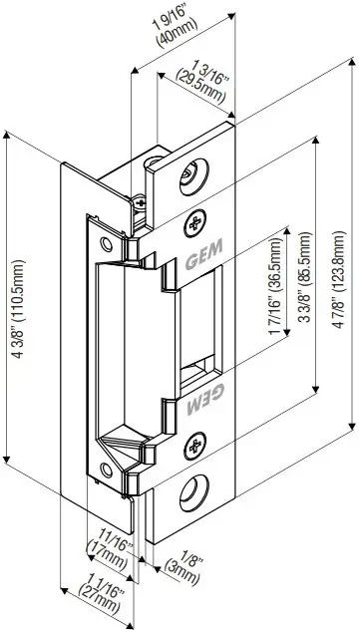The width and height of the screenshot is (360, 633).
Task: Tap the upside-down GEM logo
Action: pyautogui.click(x=201, y=380)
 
